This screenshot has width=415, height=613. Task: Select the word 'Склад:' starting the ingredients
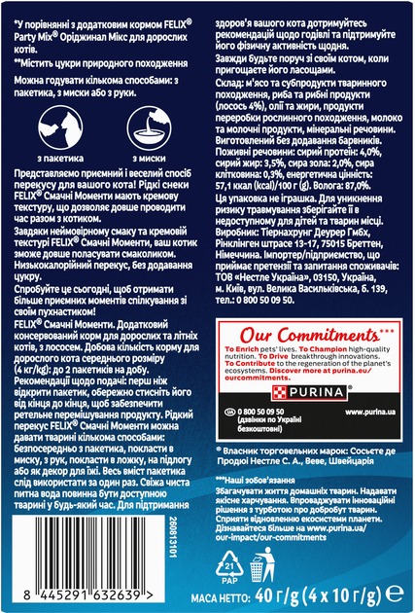click(229, 87)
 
